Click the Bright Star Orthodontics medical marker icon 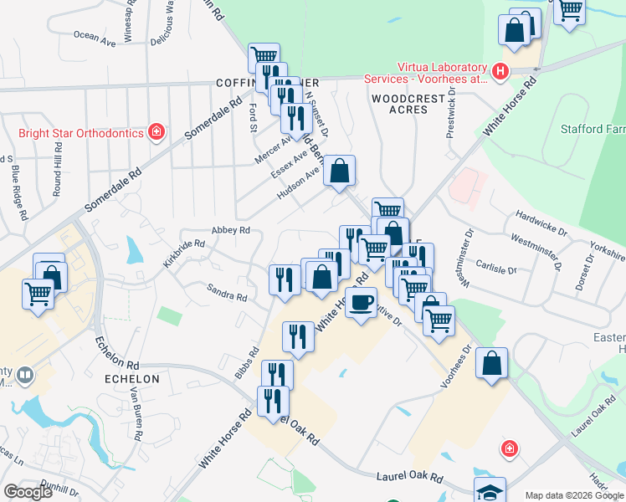pos(156,131)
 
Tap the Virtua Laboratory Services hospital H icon pos(500,72)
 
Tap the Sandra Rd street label pos(228,292)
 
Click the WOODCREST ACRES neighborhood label pos(400,104)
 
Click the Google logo pos(28,492)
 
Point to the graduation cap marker pos(490,490)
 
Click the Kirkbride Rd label pos(184,254)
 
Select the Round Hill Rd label pos(58,174)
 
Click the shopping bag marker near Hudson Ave pos(339,172)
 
